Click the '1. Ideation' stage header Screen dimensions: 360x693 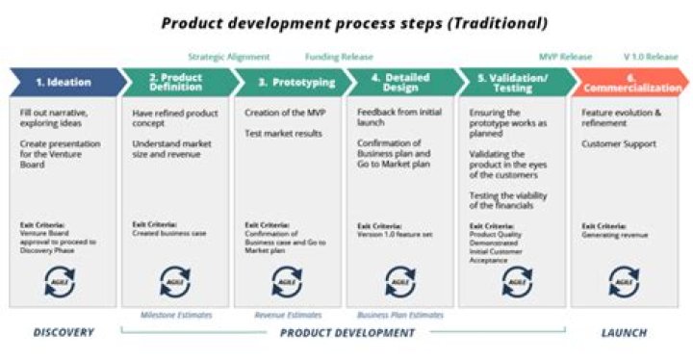(64, 82)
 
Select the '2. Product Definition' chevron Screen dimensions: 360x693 (176, 82)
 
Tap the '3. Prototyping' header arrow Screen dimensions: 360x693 (289, 82)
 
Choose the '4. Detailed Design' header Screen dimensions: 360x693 (400, 82)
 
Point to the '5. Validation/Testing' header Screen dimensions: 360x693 (512, 82)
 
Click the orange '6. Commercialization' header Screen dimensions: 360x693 (629, 82)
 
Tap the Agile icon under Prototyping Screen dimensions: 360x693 (287, 280)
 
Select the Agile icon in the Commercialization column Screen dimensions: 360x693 (624, 280)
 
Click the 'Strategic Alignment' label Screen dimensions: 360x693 (229, 57)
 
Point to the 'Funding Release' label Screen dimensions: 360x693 (339, 57)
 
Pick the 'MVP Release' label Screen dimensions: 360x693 (566, 57)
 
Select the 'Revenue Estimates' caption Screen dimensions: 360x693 (287, 315)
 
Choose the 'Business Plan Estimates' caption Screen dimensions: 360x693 (400, 315)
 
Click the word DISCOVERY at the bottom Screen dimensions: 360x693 (64, 333)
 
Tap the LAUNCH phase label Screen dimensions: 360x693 (624, 333)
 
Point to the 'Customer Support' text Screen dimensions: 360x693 (619, 143)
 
